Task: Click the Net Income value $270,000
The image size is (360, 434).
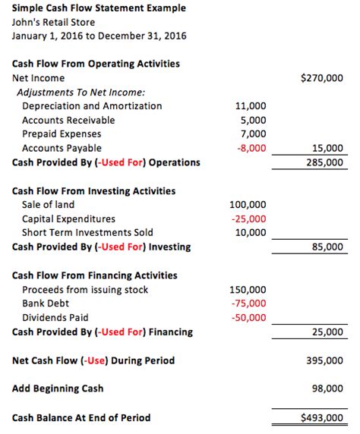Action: click(x=322, y=77)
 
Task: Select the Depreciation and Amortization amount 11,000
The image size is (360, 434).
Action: click(x=251, y=106)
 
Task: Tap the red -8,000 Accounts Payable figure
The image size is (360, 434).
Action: click(x=251, y=149)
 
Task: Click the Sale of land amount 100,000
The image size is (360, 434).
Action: click(x=248, y=205)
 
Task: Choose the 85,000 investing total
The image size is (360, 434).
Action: click(x=327, y=247)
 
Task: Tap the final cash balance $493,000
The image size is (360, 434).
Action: click(x=322, y=417)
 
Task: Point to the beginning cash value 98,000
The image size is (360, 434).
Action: click(x=327, y=388)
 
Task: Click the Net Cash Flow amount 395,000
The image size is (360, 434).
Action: click(x=324, y=360)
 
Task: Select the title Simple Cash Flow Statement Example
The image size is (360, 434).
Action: click(x=99, y=8)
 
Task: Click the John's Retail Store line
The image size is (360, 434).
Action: click(x=54, y=22)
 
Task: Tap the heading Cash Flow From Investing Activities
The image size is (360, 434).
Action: click(x=93, y=191)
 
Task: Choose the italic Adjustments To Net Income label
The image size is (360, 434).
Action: click(x=81, y=92)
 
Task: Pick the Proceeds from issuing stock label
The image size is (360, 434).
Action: click(x=85, y=290)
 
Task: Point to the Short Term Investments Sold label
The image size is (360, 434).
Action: click(x=87, y=233)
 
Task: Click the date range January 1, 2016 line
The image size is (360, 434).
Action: click(x=99, y=36)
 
